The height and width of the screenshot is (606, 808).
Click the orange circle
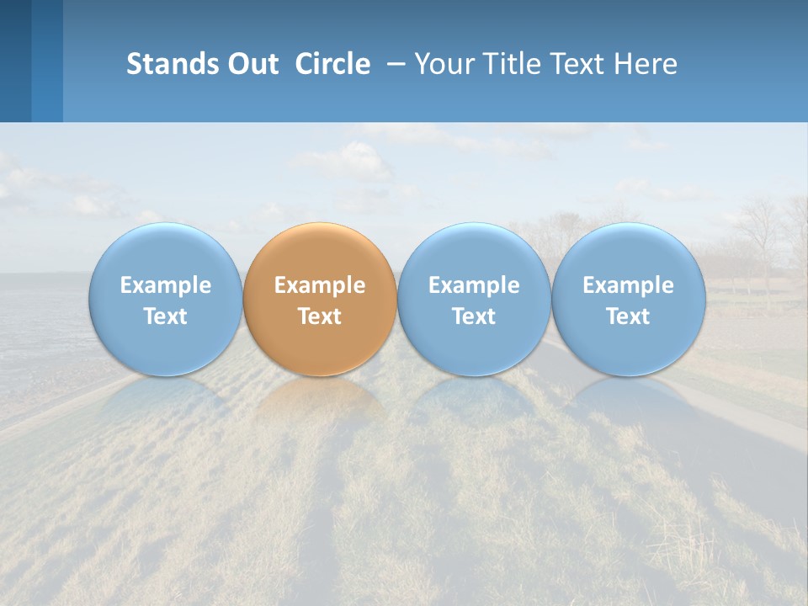[320, 299]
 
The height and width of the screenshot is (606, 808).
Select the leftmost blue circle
[165, 299]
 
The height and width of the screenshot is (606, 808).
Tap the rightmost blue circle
[629, 299]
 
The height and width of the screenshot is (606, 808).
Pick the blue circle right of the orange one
[474, 299]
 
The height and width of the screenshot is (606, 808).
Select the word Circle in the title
[332, 64]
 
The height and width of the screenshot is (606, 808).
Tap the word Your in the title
[444, 64]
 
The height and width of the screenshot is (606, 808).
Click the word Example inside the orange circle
[320, 285]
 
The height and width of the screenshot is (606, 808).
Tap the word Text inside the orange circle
[320, 316]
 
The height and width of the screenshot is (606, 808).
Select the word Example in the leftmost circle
[165, 285]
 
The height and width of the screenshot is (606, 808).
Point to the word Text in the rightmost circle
[629, 316]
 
